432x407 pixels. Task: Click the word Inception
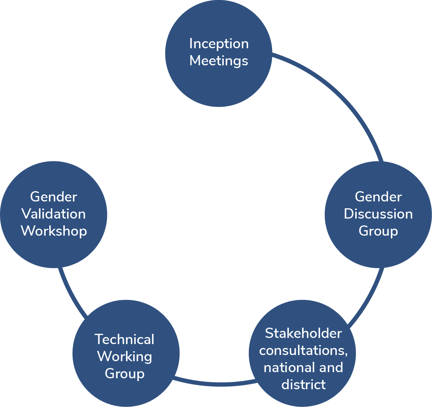(219, 44)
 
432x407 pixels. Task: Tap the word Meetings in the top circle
(219, 61)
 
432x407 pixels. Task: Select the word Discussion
(378, 214)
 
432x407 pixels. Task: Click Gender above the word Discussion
(378, 197)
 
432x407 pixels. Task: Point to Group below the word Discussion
(378, 231)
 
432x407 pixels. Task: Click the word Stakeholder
(303, 333)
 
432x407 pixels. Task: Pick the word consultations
(303, 351)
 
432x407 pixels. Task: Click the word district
(303, 385)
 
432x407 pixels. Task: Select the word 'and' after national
(331, 368)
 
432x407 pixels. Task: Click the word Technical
(125, 340)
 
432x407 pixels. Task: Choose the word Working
(125, 357)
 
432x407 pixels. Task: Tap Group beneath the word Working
(125, 374)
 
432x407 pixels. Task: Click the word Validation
(54, 214)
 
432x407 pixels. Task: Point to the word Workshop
(54, 231)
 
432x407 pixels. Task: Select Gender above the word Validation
(54, 197)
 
